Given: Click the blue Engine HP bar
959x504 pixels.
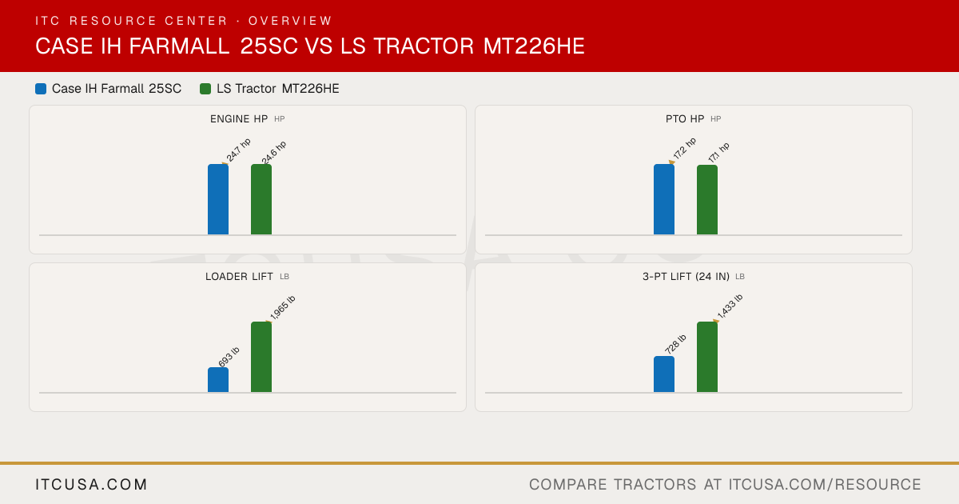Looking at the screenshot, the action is click(x=218, y=199).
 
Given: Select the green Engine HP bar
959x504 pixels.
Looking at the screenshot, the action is click(x=261, y=199).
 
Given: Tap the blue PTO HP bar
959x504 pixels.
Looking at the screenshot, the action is click(x=664, y=199).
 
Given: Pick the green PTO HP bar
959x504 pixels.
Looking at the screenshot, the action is click(x=707, y=200).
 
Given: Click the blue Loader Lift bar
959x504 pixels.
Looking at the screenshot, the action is click(x=218, y=380).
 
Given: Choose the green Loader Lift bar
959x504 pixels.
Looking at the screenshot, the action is click(x=261, y=357).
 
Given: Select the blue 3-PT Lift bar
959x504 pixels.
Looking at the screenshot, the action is click(x=664, y=374).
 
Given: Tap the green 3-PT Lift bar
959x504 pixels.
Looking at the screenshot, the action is click(x=707, y=357).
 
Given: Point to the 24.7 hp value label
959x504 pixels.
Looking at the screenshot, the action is click(x=238, y=150).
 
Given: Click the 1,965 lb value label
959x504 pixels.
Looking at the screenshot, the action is click(x=283, y=308).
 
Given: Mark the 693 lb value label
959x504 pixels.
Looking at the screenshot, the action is click(x=229, y=357).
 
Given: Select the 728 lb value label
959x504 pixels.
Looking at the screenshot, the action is click(x=675, y=344).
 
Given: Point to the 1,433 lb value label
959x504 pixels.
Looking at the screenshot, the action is click(x=730, y=306).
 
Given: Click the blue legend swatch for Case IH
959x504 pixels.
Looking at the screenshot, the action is click(x=41, y=89).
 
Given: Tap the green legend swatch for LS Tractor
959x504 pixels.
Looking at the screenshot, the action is click(x=205, y=89).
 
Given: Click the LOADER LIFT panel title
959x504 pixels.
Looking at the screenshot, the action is click(x=239, y=277).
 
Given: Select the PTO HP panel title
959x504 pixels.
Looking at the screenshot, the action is click(x=685, y=118).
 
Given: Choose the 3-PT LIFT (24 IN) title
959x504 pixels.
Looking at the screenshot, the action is click(x=686, y=277).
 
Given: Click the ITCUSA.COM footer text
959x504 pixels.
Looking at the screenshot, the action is click(x=91, y=484).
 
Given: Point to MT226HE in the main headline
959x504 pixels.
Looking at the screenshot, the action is click(x=534, y=46).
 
